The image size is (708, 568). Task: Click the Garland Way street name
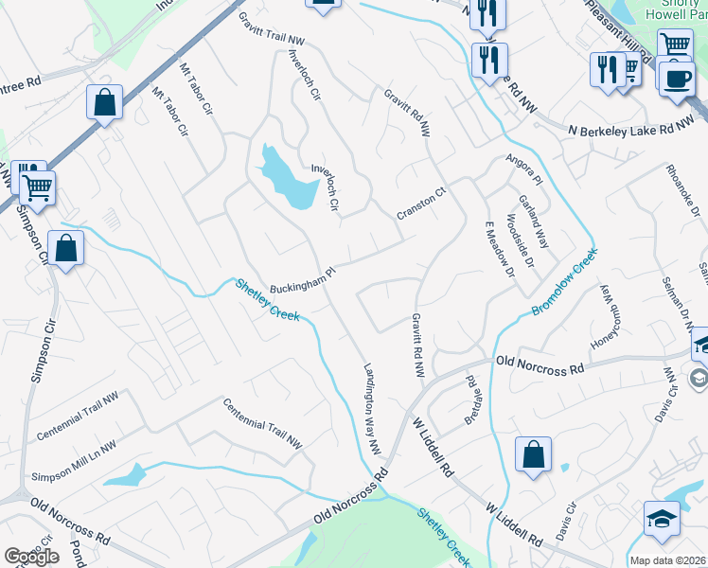point(533,220)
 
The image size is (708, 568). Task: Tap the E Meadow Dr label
point(498,249)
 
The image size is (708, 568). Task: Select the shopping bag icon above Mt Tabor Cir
point(104,101)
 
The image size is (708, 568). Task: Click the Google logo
point(31,557)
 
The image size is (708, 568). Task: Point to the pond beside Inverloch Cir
point(289,179)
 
